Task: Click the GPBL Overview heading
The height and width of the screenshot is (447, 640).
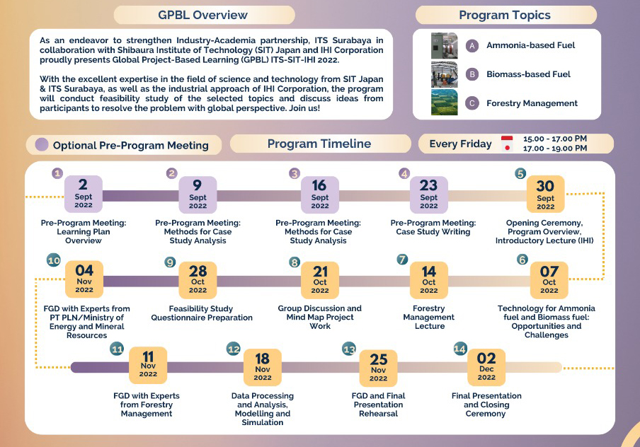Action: [x=203, y=15]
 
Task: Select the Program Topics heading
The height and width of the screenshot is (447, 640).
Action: [x=504, y=15]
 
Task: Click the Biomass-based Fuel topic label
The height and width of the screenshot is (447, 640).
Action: [x=528, y=74]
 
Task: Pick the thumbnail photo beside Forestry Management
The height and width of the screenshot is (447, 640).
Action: [x=445, y=103]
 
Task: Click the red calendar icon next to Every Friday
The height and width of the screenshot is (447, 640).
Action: [x=506, y=144]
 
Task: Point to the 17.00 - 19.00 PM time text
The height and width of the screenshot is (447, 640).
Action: [x=554, y=149]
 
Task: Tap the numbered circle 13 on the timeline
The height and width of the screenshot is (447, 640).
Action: [x=349, y=349]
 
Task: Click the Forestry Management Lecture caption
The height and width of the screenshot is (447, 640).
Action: [x=429, y=317]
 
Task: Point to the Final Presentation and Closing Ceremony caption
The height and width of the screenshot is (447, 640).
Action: [x=486, y=405]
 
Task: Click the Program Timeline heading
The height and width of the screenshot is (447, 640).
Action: [x=319, y=144]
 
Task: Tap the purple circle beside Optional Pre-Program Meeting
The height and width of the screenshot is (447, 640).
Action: [x=42, y=145]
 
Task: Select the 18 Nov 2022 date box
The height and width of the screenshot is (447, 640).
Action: [x=263, y=366]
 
